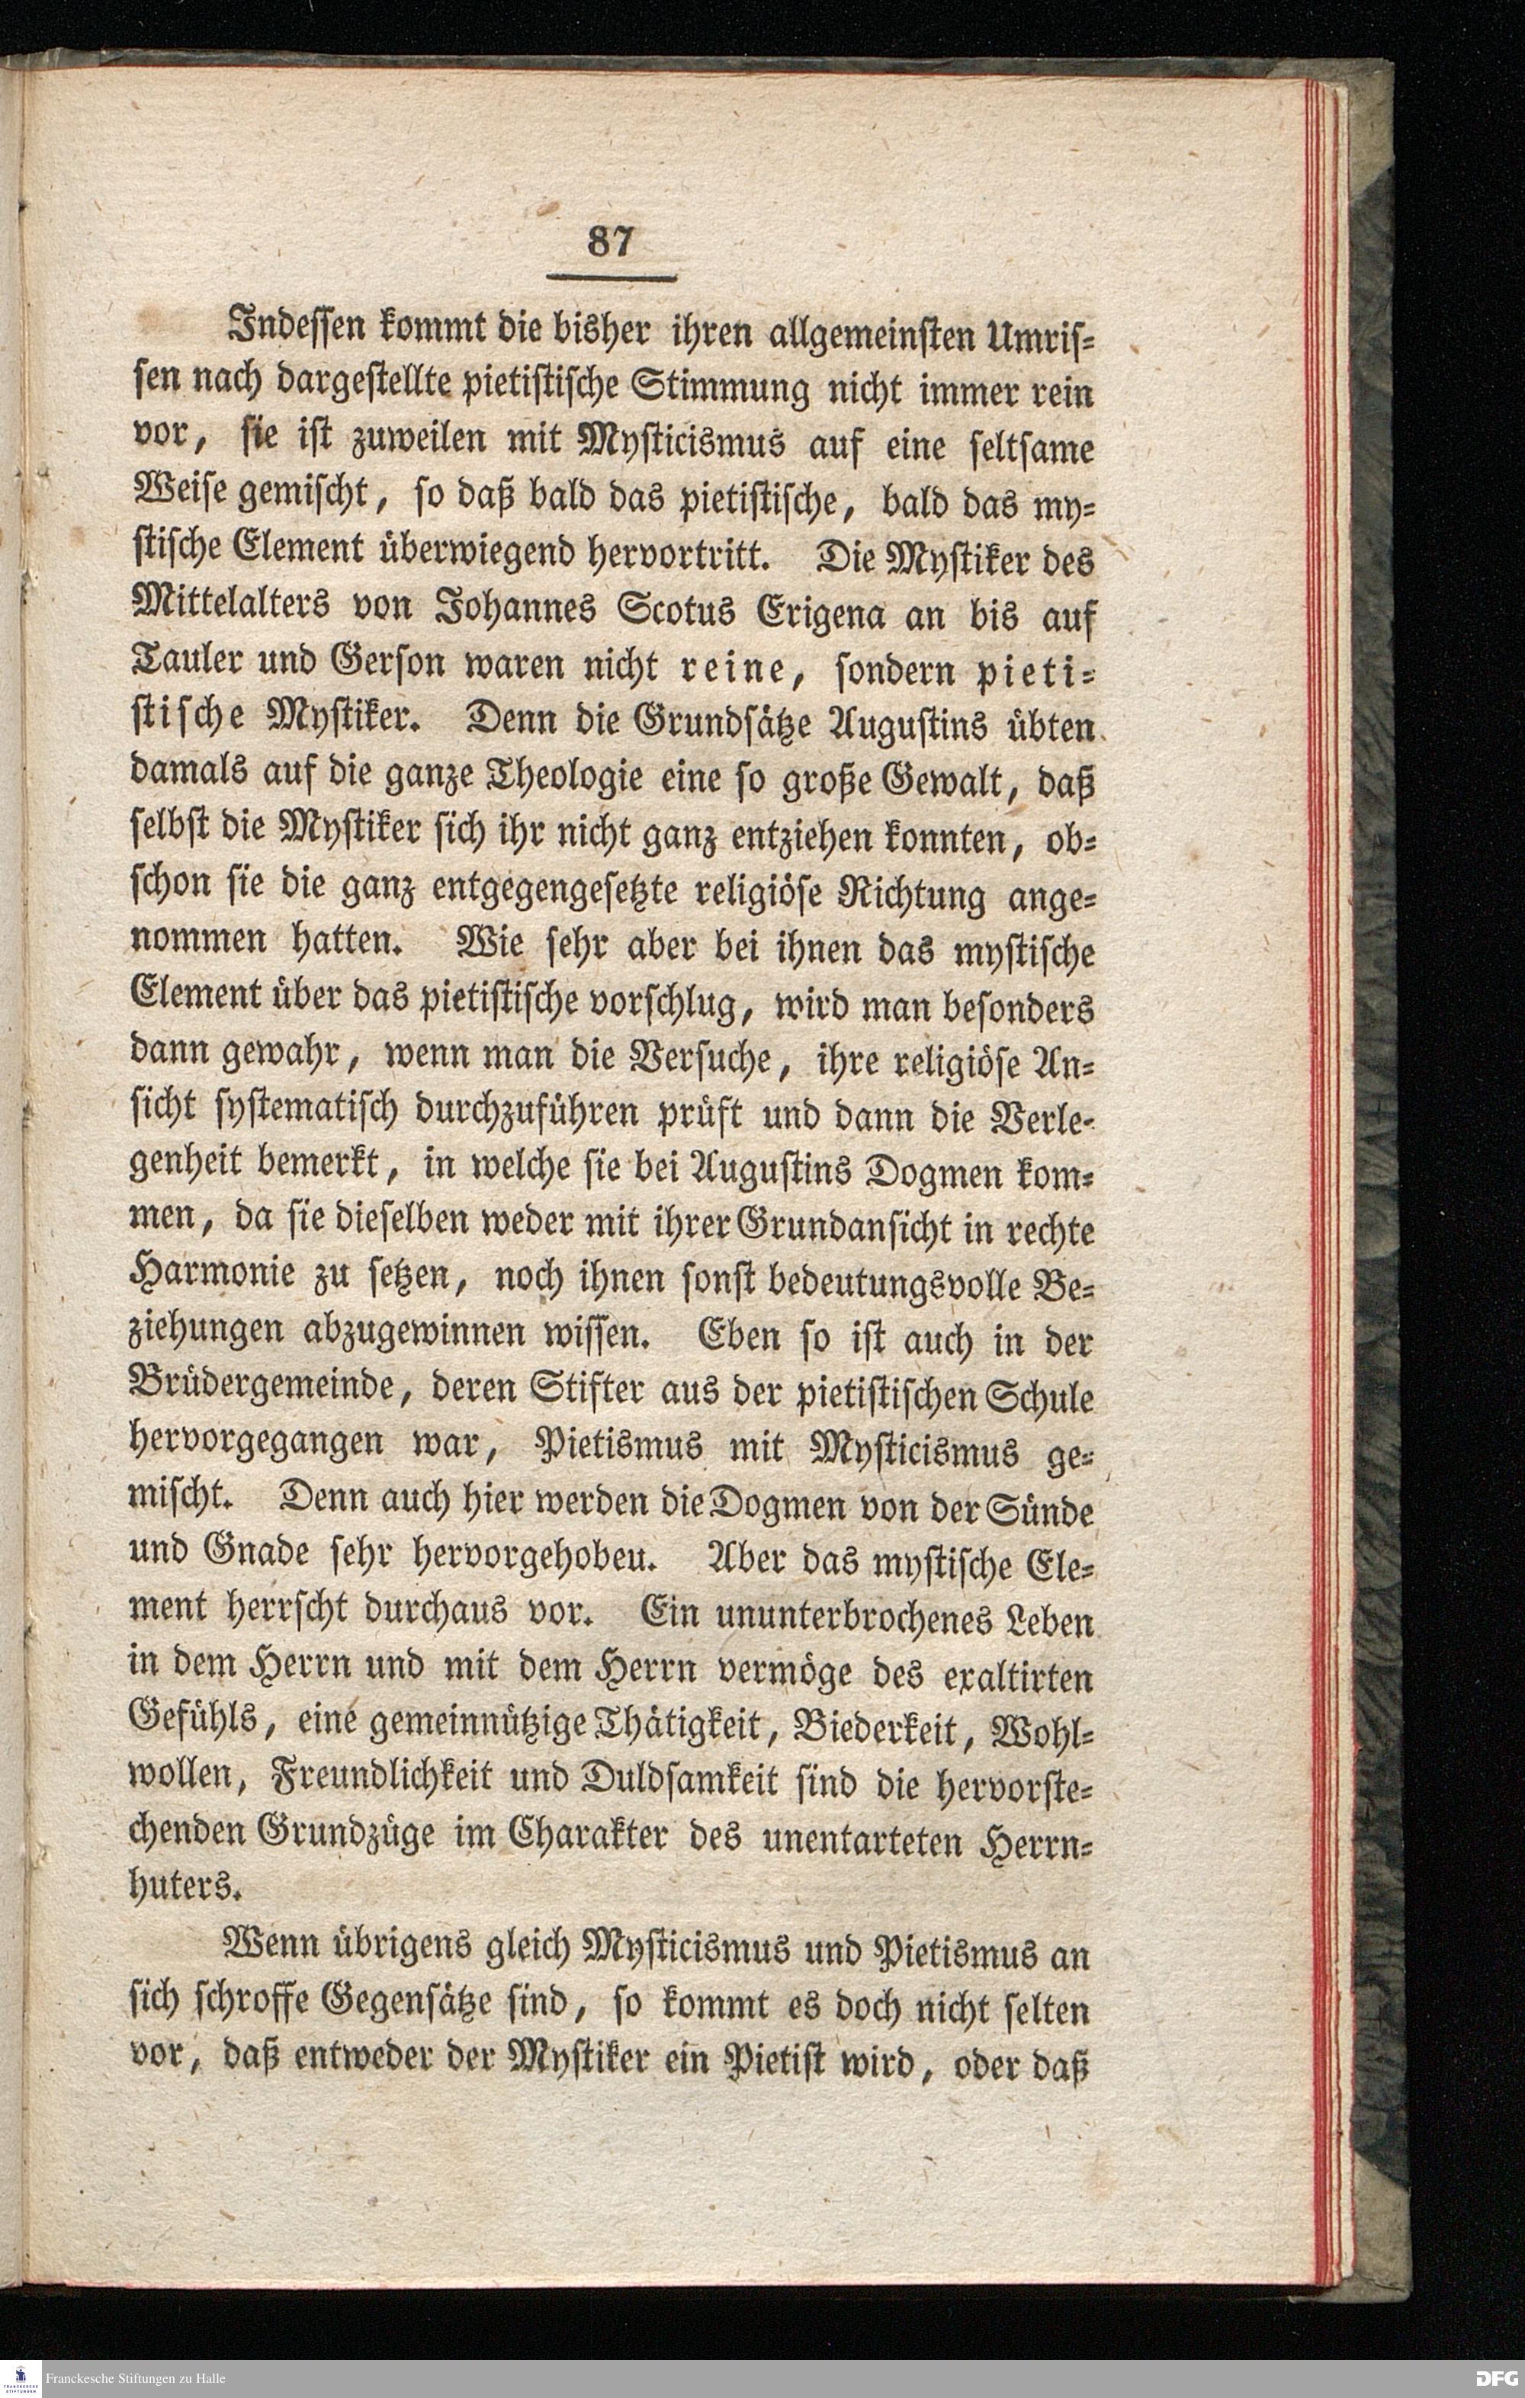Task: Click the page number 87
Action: (611, 242)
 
